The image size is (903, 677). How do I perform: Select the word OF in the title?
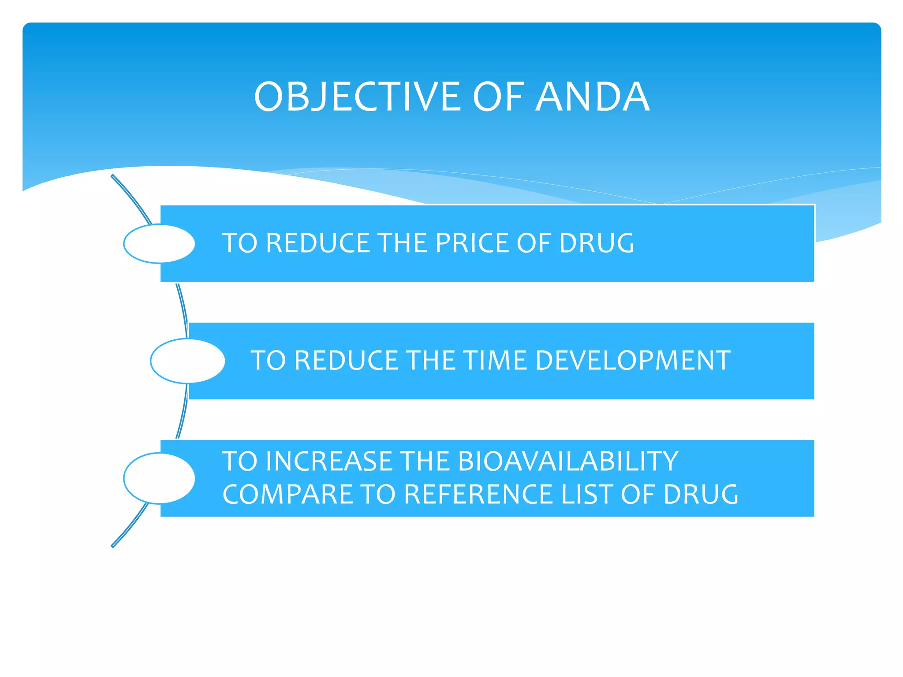click(498, 97)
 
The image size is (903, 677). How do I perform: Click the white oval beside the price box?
click(159, 244)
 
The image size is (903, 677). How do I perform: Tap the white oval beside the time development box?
click(187, 361)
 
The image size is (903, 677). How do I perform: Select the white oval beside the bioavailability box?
click(159, 478)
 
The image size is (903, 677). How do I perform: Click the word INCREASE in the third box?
click(329, 461)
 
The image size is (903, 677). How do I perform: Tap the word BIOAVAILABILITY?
click(568, 461)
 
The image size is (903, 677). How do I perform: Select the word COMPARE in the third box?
click(287, 494)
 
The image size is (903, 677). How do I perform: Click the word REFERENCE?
click(478, 494)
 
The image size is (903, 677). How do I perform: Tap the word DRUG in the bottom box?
click(701, 494)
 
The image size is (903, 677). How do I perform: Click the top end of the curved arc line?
click(113, 176)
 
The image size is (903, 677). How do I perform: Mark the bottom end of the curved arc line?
click(113, 546)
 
